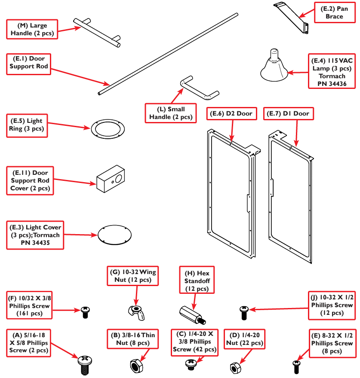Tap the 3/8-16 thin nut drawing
point(136,365)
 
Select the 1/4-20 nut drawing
point(235,367)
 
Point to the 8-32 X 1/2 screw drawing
point(296,366)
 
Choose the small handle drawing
point(199,86)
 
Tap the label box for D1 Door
point(288,114)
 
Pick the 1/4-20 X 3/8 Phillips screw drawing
point(190,364)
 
